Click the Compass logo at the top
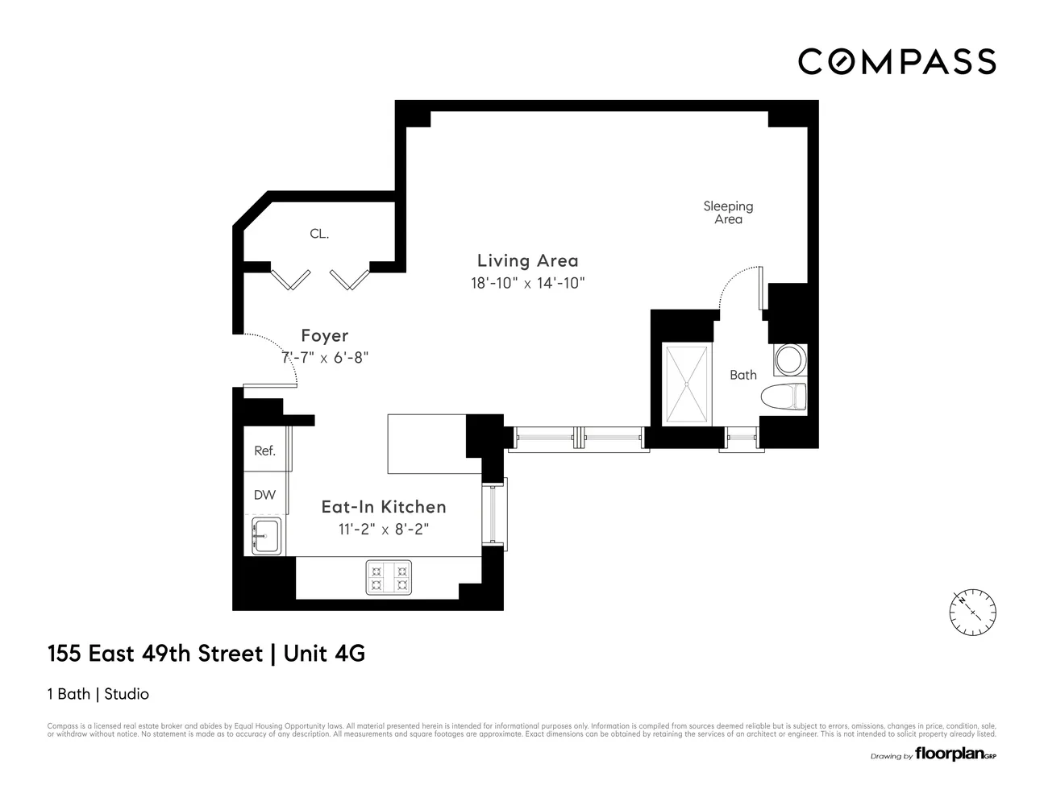point(896,61)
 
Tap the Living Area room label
point(527,260)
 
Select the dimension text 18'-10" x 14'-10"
point(527,283)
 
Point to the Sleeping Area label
point(728,213)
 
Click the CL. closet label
point(319,234)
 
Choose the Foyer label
point(324,335)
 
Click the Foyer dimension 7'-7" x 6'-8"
point(324,358)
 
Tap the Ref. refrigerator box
point(265,451)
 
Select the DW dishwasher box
point(264,495)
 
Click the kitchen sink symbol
point(265,536)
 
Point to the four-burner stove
point(389,577)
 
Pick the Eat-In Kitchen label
point(384,506)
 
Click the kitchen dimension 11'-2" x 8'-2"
point(384,530)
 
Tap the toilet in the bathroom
point(784,396)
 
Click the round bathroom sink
point(789,359)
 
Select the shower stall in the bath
point(687,384)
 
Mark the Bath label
point(742,375)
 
